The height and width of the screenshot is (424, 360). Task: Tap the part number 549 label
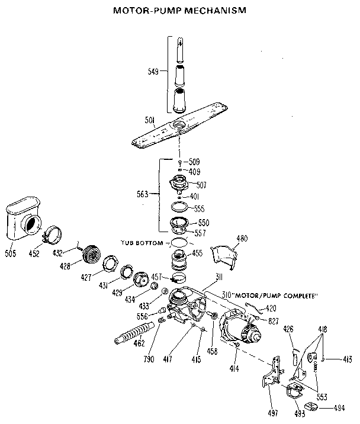pos(153,72)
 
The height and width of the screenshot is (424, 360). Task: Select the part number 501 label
pos(150,120)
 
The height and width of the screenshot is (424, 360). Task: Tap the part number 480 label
pos(242,239)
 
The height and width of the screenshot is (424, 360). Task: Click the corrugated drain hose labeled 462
pos(135,335)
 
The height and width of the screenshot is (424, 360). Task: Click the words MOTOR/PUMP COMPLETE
pos(279,295)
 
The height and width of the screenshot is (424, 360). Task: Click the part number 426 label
pos(288,329)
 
